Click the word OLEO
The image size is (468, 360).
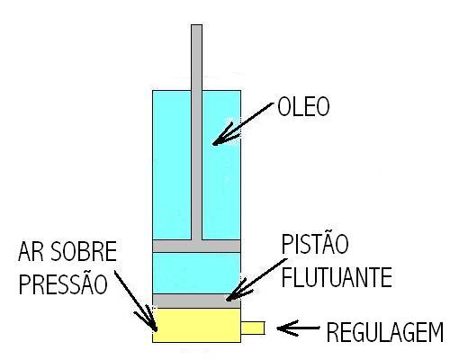(303, 107)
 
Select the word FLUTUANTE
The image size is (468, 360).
(337, 277)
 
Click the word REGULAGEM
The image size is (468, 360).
(385, 332)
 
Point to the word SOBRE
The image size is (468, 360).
(84, 251)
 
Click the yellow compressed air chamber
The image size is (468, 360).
(196, 325)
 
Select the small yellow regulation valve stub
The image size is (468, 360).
(253, 328)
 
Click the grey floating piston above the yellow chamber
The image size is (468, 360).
(196, 301)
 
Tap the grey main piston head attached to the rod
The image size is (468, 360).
(196, 246)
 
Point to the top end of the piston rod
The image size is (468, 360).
(197, 25)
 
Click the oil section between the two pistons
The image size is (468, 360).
(196, 273)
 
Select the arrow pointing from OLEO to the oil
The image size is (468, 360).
(243, 123)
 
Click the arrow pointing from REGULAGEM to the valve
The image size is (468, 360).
(298, 328)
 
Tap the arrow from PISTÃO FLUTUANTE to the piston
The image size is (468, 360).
(256, 279)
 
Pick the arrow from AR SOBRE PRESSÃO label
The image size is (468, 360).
(136, 300)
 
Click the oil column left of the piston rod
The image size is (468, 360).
(172, 165)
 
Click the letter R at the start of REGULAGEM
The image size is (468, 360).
(332, 332)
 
